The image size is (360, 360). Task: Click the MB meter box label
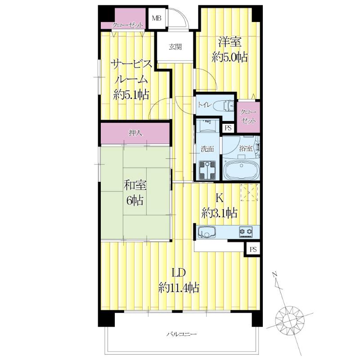[x=157, y=18]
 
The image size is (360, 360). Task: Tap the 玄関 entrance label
[x=175, y=47]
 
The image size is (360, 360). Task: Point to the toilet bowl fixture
[x=224, y=106]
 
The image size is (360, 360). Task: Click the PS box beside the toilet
[x=228, y=128]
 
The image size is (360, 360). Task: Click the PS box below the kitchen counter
[x=253, y=249]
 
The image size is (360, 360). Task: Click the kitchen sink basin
[x=207, y=232]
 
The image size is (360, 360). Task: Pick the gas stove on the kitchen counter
[x=246, y=232]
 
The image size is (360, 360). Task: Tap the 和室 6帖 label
[x=135, y=193]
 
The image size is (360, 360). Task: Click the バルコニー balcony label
[x=181, y=334]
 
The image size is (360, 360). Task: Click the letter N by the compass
[x=274, y=274]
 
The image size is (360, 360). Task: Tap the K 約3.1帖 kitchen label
[x=219, y=206]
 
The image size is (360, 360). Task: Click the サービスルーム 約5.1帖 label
[x=131, y=80]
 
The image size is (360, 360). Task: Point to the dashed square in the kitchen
[x=249, y=193]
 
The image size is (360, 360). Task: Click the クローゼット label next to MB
[x=127, y=25]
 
